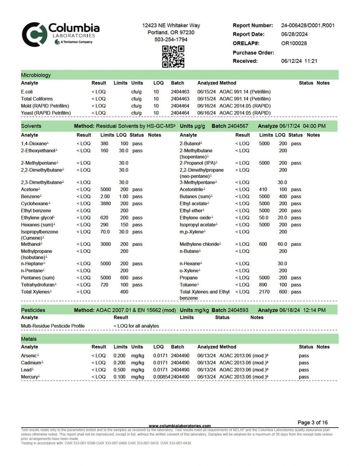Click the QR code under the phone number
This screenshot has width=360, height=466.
(173, 57)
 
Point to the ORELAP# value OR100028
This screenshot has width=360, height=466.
(294, 44)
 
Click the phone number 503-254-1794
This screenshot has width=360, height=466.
(171, 40)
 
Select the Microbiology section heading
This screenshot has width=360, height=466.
(36, 75)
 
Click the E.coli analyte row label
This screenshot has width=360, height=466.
(27, 92)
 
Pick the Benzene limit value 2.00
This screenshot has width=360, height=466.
(104, 197)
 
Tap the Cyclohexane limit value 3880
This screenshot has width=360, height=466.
(105, 204)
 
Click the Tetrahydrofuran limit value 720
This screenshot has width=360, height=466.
(104, 285)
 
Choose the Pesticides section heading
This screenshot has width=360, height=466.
(33, 311)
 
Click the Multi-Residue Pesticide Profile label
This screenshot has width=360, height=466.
(53, 326)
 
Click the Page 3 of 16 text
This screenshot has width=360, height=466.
(313, 423)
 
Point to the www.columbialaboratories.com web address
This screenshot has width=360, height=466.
(180, 426)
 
